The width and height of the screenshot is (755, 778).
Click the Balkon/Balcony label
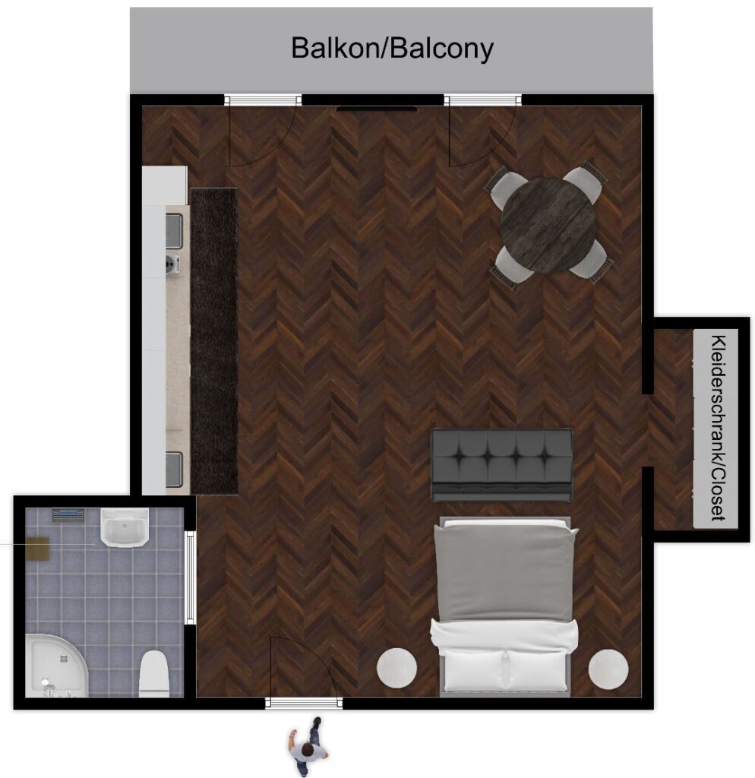[392, 49]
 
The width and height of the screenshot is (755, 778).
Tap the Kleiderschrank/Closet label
[718, 429]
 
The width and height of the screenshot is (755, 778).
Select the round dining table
[548, 225]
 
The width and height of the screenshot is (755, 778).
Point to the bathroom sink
[125, 527]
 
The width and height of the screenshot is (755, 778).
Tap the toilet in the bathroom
[154, 673]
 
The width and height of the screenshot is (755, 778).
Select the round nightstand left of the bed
[396, 668]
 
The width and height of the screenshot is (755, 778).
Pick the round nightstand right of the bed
[608, 669]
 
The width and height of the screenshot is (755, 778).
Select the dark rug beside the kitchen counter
[214, 341]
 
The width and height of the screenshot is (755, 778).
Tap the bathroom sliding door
[190, 577]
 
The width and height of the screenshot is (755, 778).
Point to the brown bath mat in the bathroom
[38, 549]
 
